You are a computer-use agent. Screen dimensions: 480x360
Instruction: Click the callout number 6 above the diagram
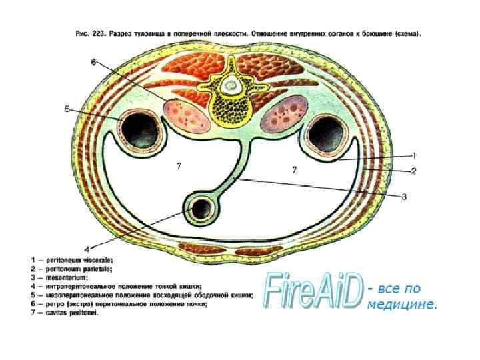[x=93, y=62]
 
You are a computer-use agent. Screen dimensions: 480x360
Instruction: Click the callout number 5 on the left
[x=67, y=109]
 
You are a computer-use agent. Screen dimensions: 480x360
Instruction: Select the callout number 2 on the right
[x=413, y=171]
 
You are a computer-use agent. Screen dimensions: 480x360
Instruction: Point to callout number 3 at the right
[x=403, y=196]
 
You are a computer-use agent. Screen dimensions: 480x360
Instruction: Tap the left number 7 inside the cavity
[x=179, y=167]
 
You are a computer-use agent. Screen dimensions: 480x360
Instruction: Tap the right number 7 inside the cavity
[x=293, y=170]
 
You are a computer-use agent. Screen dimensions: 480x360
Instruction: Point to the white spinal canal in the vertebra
[x=232, y=85]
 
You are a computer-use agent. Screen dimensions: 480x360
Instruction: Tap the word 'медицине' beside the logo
[x=402, y=305]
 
